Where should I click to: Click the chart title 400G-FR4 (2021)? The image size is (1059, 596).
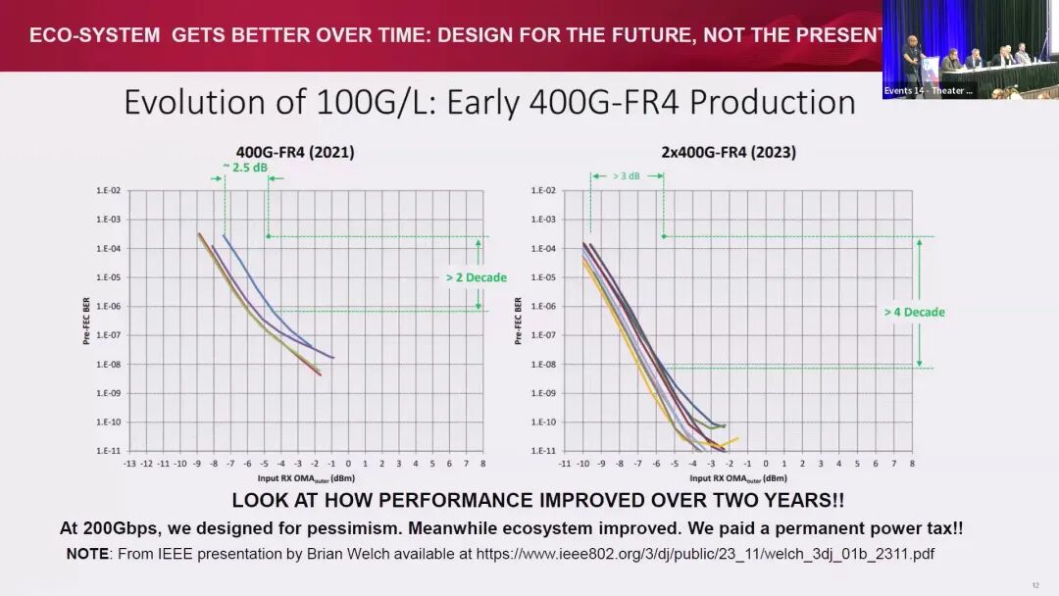click(295, 153)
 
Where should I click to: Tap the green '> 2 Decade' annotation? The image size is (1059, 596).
click(476, 277)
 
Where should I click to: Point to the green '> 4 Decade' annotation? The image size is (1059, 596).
click(914, 312)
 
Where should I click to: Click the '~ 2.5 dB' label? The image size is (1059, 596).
click(245, 167)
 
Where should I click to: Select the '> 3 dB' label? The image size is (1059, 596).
click(628, 176)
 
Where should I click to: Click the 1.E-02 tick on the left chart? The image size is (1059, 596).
click(108, 191)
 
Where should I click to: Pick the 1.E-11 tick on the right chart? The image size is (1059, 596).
click(542, 451)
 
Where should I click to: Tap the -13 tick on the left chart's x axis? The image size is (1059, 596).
click(129, 463)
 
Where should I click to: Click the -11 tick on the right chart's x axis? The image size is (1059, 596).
click(565, 463)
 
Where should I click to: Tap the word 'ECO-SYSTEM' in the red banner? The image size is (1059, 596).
click(94, 36)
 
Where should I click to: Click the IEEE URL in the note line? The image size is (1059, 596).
click(705, 554)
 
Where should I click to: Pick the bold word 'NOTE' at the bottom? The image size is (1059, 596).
click(87, 554)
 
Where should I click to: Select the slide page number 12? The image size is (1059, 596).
click(1035, 585)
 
